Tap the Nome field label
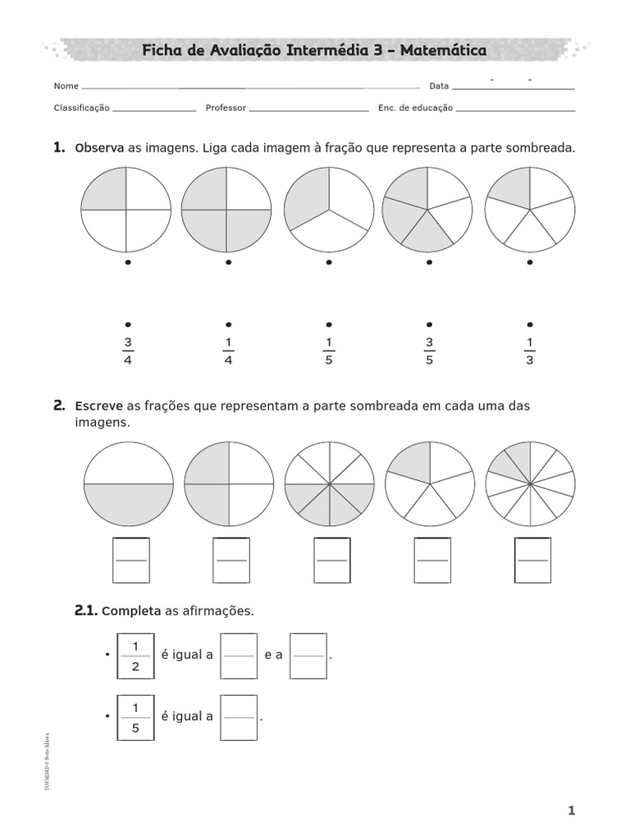pyautogui.click(x=66, y=86)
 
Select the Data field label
pyautogui.click(x=439, y=86)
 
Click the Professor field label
pyautogui.click(x=226, y=107)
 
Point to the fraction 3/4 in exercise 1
pyautogui.click(x=127, y=351)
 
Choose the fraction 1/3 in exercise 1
pyautogui.click(x=529, y=351)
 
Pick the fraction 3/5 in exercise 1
pyautogui.click(x=429, y=351)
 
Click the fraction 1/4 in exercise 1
pyautogui.click(x=228, y=351)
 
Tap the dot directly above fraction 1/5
pyautogui.click(x=329, y=324)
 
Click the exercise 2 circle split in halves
pyautogui.click(x=128, y=483)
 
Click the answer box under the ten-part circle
pyautogui.click(x=532, y=560)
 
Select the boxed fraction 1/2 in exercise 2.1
pyautogui.click(x=136, y=656)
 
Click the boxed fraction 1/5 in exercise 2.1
pyautogui.click(x=136, y=717)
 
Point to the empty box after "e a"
pyautogui.click(x=308, y=656)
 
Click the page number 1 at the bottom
pyautogui.click(x=571, y=811)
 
